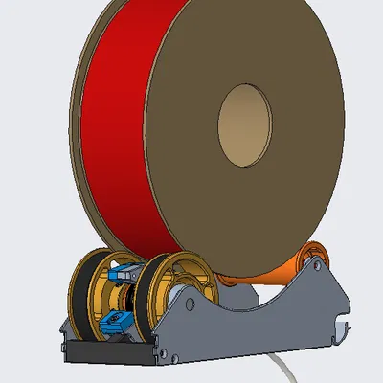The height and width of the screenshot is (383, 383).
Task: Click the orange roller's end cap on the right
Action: click(313, 260)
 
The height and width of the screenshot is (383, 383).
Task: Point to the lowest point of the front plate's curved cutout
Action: click(246, 311)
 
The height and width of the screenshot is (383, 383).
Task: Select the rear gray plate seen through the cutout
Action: click(244, 298)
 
